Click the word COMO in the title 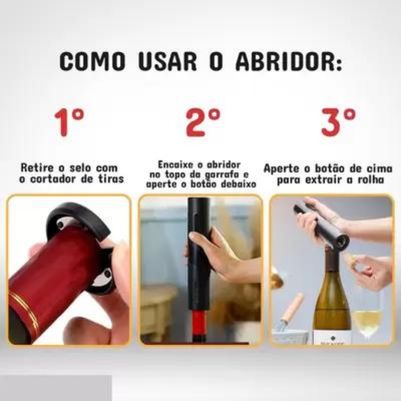(92, 61)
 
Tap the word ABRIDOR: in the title (289, 61)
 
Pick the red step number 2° (203, 122)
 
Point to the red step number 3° (338, 122)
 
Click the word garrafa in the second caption (222, 174)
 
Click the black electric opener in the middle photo (199, 257)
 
